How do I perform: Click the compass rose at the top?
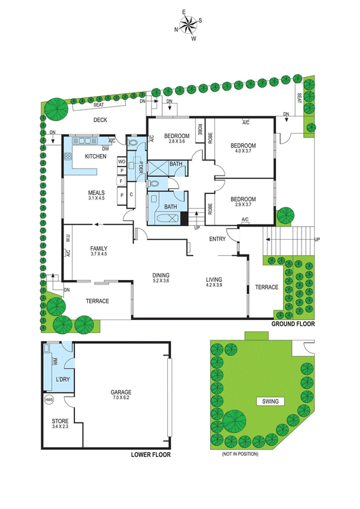coord(188,25)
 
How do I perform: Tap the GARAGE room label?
coord(121,392)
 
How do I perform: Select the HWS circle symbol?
coord(49,400)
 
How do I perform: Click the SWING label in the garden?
coord(270,401)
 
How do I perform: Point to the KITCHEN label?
coord(95,157)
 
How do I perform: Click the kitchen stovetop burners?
coord(68,157)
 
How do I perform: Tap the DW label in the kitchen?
coord(106,149)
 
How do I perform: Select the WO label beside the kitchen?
coord(121,162)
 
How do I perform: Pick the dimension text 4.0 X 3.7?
coord(243,151)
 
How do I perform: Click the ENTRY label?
coord(217,239)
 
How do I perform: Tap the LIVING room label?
coord(214,279)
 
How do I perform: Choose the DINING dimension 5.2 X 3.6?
coord(161,281)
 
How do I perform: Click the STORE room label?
coord(60,421)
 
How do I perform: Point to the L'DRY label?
coord(63,379)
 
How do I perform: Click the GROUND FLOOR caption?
coord(293,324)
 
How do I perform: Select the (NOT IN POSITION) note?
coord(240,454)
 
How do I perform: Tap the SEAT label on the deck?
coord(99,105)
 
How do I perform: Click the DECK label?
coord(100,120)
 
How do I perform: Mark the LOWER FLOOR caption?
coord(151,454)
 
